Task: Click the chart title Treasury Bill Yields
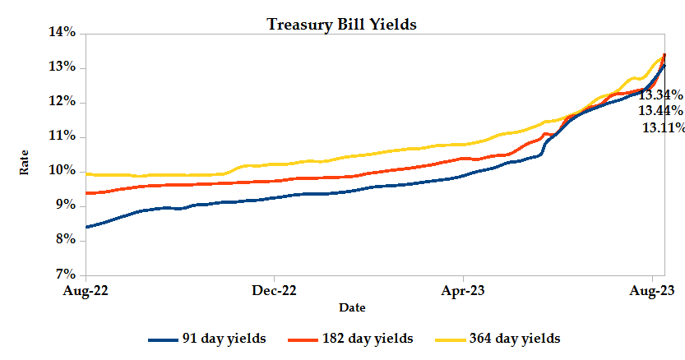pyautogui.click(x=342, y=24)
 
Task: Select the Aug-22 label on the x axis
pyautogui.click(x=86, y=290)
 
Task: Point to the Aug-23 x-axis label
pyautogui.click(x=653, y=290)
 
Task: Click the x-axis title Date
pyautogui.click(x=352, y=307)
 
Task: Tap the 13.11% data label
pyautogui.click(x=662, y=127)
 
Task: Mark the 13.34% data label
pyautogui.click(x=660, y=95)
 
